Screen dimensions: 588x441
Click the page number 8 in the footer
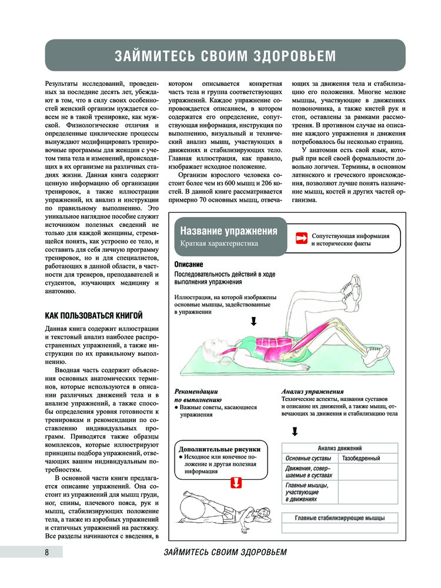[x=46, y=552]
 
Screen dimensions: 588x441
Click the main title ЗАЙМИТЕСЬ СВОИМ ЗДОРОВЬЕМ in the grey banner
[x=226, y=56]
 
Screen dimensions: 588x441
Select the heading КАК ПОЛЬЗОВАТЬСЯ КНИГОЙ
[x=94, y=316]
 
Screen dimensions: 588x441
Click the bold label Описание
[x=189, y=265]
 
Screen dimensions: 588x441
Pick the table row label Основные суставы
[x=308, y=458]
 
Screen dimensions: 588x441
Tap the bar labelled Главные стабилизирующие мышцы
[x=340, y=518]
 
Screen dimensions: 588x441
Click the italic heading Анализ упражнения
[x=312, y=391]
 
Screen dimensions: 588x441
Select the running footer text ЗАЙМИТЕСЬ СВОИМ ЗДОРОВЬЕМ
[x=226, y=553]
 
